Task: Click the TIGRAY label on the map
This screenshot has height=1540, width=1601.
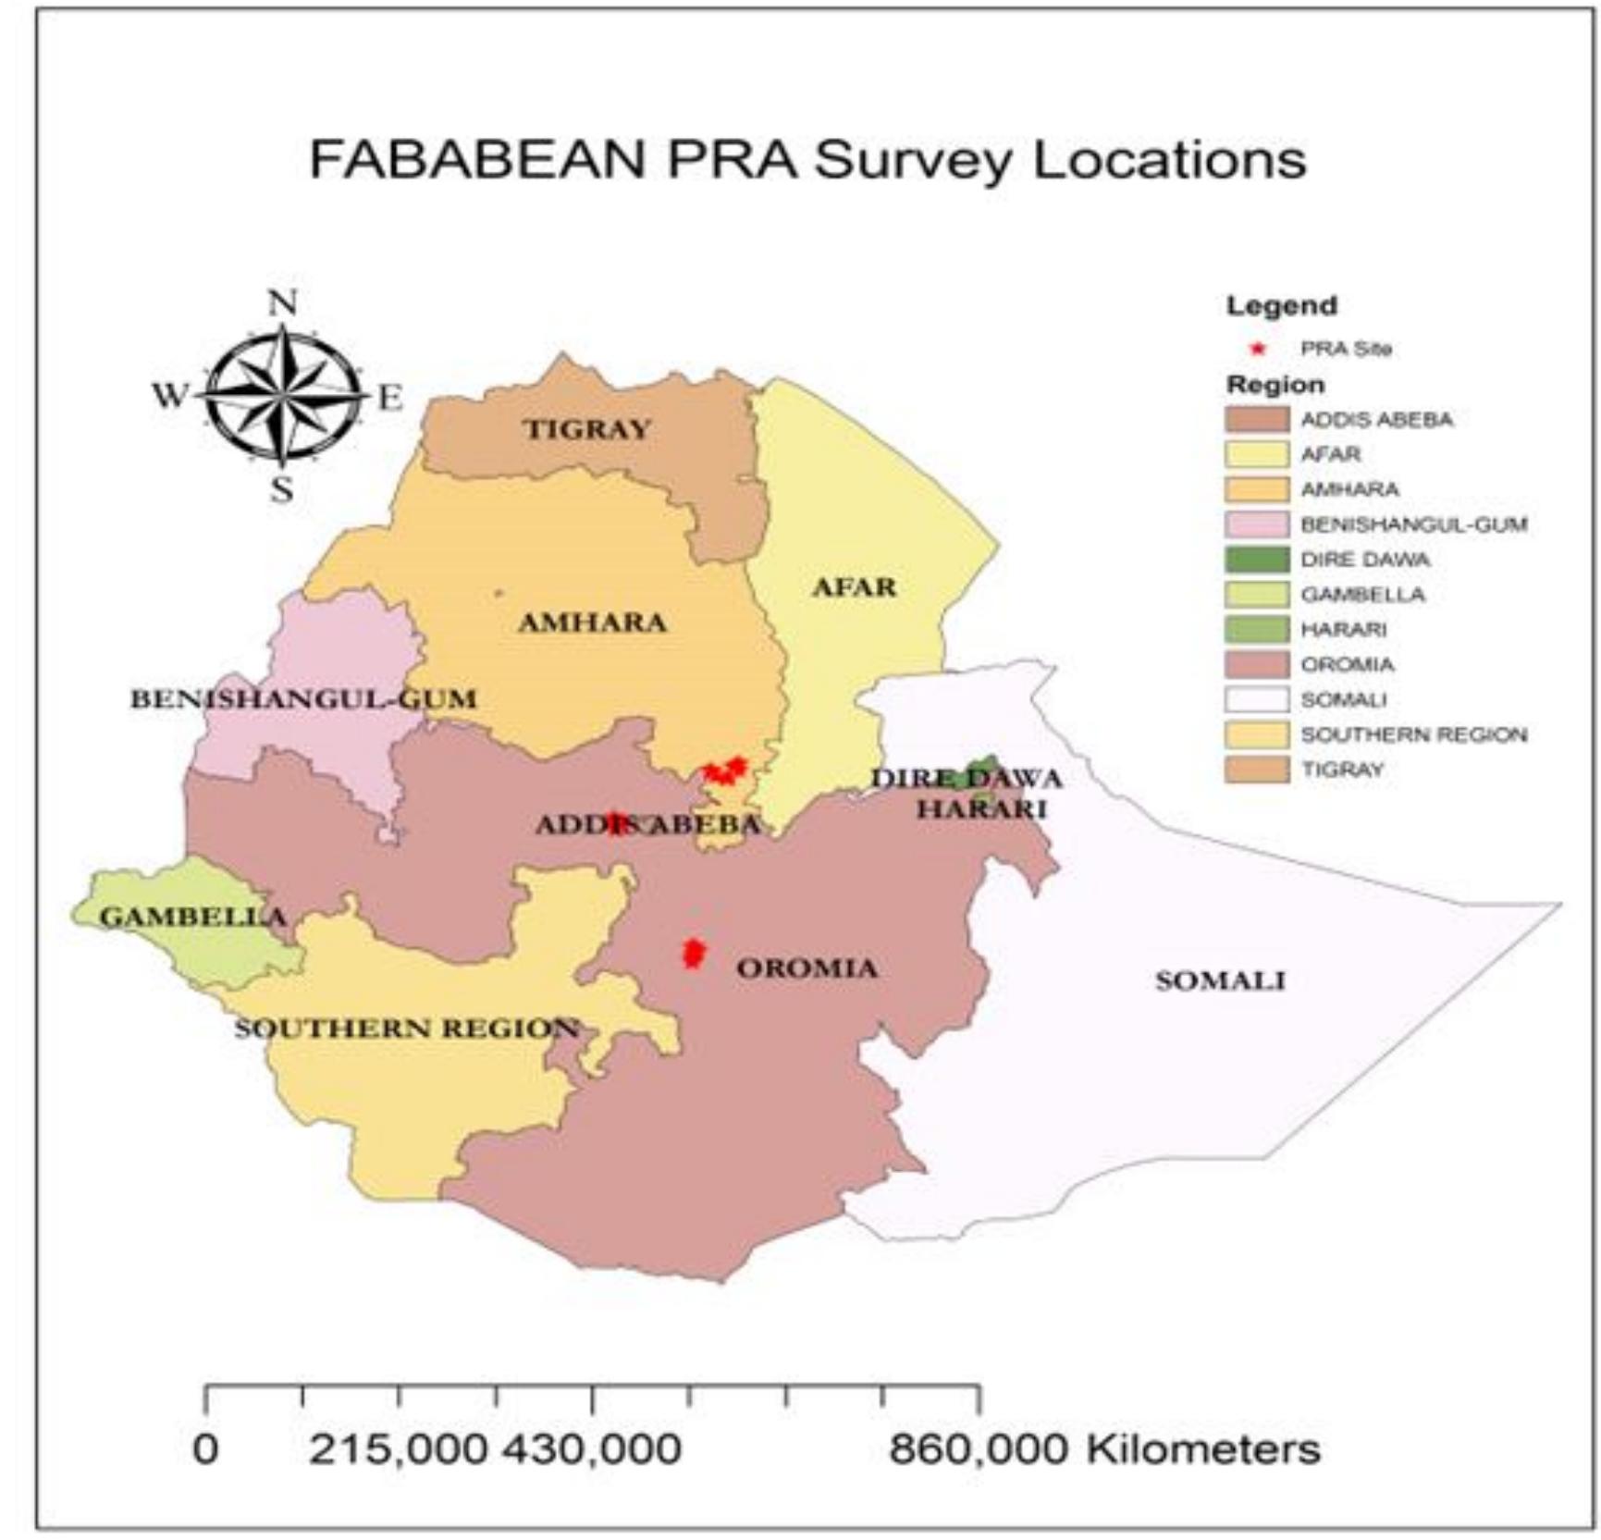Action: (x=587, y=429)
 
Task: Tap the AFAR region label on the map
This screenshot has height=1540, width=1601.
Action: (x=854, y=587)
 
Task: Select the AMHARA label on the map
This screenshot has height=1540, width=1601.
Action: (x=592, y=622)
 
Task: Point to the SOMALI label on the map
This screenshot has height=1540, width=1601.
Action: (x=1220, y=980)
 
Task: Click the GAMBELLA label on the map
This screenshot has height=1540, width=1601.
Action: (x=192, y=917)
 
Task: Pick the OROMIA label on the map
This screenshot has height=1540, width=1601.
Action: (x=807, y=968)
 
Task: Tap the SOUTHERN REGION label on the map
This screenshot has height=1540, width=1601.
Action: (x=406, y=1029)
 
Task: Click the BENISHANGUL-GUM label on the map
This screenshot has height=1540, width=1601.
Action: (x=303, y=698)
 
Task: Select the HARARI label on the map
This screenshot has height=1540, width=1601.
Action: (x=981, y=809)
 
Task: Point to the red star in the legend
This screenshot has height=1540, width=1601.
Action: (x=1257, y=350)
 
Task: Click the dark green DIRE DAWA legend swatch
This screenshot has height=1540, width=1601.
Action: (x=1257, y=560)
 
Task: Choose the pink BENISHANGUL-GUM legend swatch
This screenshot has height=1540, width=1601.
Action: (x=1257, y=524)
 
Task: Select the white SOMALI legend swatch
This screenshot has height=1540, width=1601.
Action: (x=1257, y=699)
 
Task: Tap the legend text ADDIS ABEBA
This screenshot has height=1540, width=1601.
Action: (x=1376, y=420)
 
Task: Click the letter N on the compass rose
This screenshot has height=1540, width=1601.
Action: (x=282, y=302)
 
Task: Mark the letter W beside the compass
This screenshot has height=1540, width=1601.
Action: (x=169, y=396)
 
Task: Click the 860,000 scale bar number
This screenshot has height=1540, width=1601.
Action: (x=978, y=1448)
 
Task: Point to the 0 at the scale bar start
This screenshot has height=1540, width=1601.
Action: (x=205, y=1448)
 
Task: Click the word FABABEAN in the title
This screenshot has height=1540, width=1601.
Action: (x=476, y=160)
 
